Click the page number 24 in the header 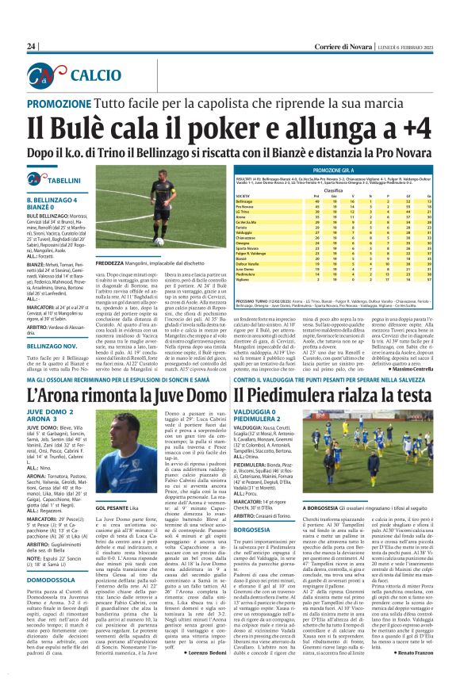32,47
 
